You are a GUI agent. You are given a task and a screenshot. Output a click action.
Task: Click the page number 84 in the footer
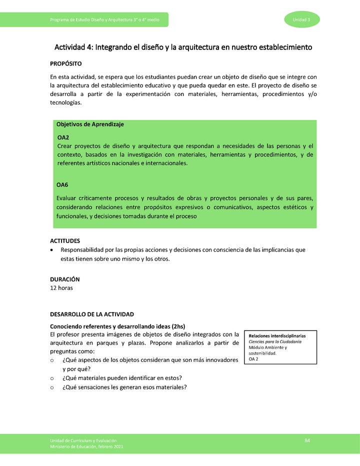click(307, 439)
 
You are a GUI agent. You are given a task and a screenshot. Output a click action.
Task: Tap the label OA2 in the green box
click(63, 137)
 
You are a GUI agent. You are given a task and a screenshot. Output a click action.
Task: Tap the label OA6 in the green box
click(62, 185)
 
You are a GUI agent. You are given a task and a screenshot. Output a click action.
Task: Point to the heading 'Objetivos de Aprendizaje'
click(90, 124)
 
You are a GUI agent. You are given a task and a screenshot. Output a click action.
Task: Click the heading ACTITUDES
click(65, 240)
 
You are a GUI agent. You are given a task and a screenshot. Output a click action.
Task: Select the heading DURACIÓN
click(65, 279)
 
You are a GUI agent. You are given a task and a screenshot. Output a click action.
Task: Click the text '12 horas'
click(62, 288)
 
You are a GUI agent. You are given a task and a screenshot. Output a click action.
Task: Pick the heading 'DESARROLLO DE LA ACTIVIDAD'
click(92, 314)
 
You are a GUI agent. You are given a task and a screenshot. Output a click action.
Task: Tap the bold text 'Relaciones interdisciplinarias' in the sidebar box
click(277, 335)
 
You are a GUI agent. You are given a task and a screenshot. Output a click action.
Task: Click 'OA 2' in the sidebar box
click(253, 359)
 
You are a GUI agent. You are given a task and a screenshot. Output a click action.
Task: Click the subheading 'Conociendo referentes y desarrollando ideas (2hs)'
click(117, 326)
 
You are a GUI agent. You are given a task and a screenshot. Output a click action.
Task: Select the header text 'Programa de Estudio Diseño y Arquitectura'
click(95, 19)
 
